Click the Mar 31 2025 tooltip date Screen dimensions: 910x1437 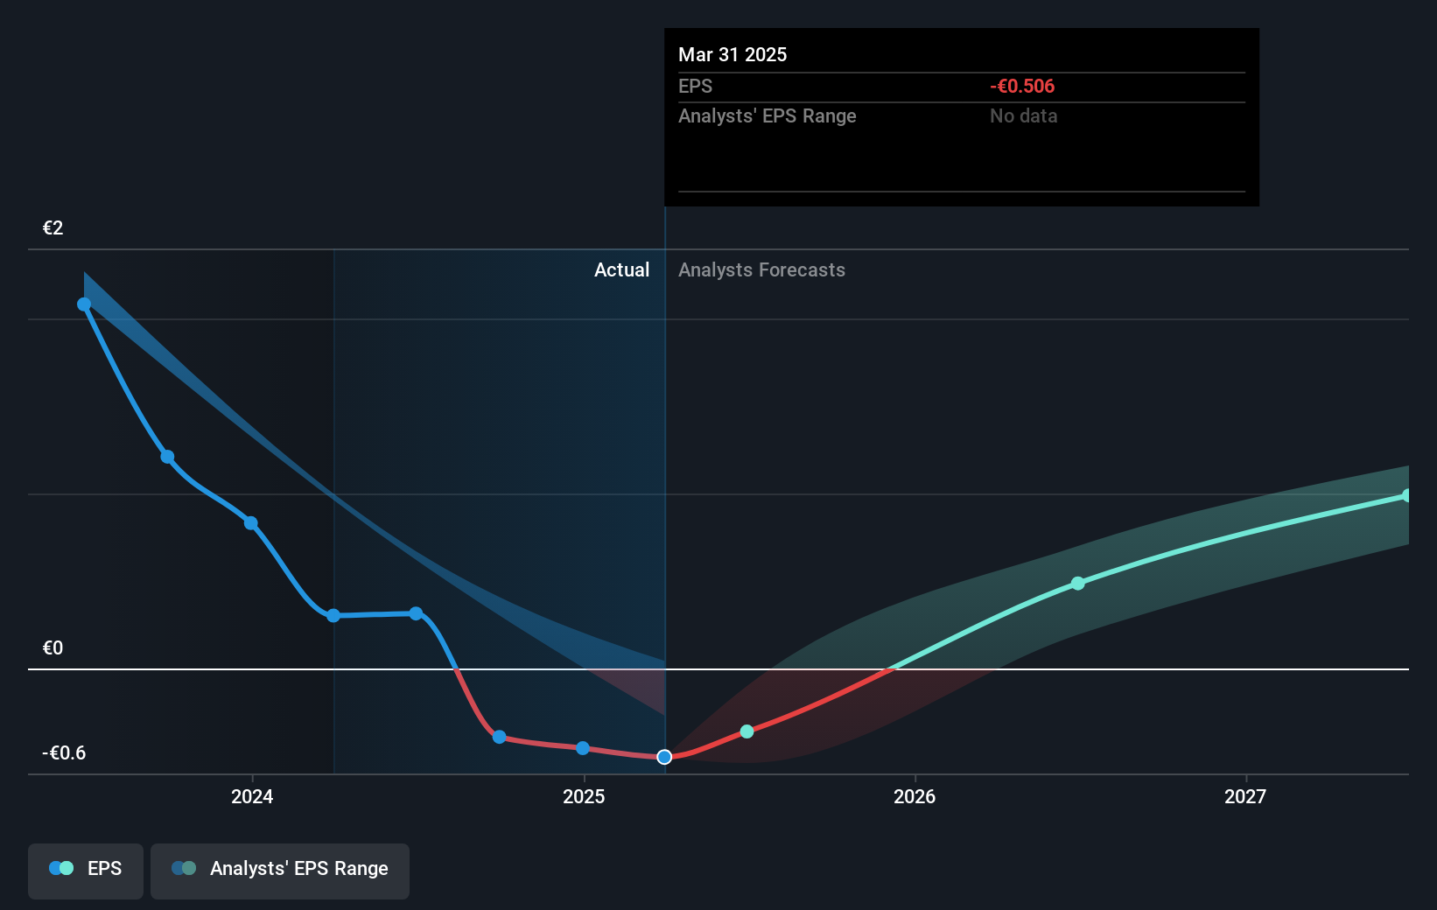click(733, 54)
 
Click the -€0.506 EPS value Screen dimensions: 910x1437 click(1021, 86)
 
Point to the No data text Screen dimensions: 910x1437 click(1023, 115)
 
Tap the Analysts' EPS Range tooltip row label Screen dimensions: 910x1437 click(767, 115)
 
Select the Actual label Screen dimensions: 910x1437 click(621, 269)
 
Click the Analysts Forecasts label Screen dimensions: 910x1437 click(761, 269)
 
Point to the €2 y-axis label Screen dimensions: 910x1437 click(53, 227)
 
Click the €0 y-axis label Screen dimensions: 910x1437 click(53, 647)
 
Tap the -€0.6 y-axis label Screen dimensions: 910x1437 click(64, 752)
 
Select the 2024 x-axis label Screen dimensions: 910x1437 click(252, 796)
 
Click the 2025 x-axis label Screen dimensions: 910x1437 click(584, 796)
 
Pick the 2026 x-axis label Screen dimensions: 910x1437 click(915, 796)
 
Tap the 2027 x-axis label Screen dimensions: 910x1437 click(1245, 796)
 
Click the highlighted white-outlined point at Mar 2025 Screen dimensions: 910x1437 click(664, 757)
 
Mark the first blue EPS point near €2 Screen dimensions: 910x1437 click(84, 304)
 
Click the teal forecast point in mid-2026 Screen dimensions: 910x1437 click(1078, 584)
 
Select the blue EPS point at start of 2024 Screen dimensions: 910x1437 click(251, 523)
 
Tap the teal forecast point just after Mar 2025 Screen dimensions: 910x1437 click(747, 731)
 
